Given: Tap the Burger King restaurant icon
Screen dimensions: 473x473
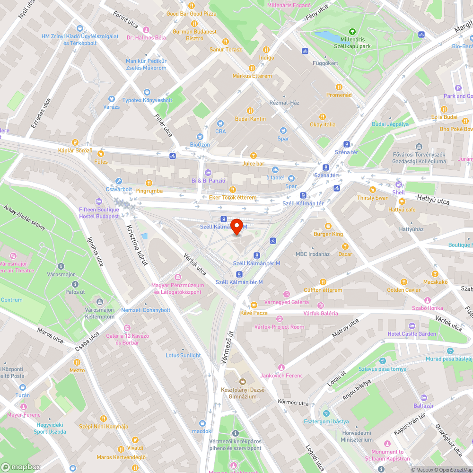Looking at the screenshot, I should (328, 226).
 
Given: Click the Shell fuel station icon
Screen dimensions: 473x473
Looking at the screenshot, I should (398, 184).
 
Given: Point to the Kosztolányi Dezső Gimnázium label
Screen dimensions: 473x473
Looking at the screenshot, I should (243, 393).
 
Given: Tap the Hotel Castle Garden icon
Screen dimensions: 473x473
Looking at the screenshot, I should (412, 326).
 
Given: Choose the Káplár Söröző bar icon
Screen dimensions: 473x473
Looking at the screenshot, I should (75, 142).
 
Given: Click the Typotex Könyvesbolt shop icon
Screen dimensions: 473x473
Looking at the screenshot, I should (147, 92).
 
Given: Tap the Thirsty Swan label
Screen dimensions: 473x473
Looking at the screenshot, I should (373, 198).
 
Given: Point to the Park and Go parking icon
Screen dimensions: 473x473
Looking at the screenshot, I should (457, 88).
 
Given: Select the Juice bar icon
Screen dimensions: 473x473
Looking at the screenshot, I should (253, 156).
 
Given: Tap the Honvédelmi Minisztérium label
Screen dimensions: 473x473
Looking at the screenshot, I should (357, 436).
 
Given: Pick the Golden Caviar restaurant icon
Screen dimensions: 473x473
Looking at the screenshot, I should (403, 282).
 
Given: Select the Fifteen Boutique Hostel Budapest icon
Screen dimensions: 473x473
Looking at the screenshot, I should (98, 201).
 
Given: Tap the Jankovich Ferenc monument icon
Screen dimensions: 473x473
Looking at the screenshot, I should (281, 368).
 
